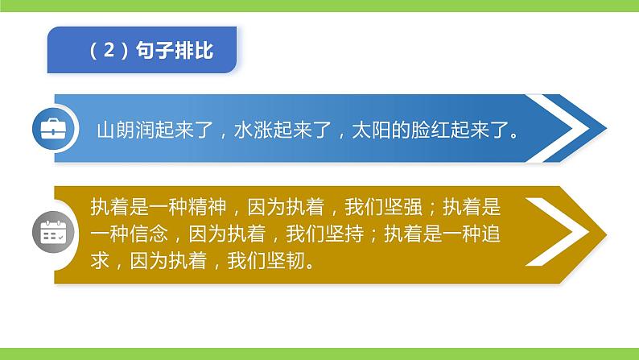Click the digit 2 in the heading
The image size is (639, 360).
(x=106, y=51)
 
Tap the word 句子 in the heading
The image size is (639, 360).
(x=155, y=51)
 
